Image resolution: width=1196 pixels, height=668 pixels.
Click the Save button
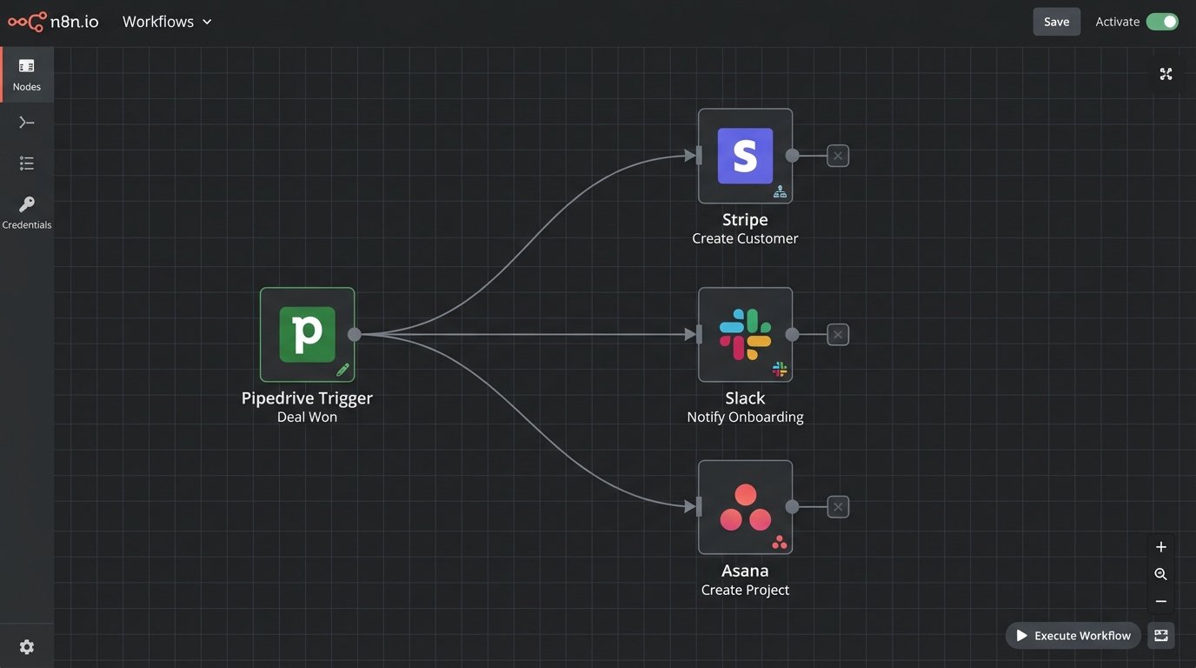click(x=1056, y=22)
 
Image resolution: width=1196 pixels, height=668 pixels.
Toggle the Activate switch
click(x=1161, y=22)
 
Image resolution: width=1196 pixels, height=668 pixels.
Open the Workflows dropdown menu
click(x=167, y=22)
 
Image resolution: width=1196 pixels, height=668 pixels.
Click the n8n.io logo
click(x=53, y=22)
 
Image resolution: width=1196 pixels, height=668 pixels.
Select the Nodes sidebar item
click(x=27, y=74)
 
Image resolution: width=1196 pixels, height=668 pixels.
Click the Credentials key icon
click(x=27, y=205)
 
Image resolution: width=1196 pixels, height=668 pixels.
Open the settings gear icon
click(x=27, y=647)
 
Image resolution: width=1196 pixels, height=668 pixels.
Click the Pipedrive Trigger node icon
click(x=307, y=334)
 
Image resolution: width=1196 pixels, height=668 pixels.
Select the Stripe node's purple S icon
click(x=745, y=156)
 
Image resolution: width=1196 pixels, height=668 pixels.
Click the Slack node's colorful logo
click(x=745, y=334)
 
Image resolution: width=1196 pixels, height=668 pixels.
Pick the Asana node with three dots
click(x=745, y=507)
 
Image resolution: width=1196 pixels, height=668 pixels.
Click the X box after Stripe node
click(x=837, y=156)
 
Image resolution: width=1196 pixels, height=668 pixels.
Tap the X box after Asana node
click(x=837, y=507)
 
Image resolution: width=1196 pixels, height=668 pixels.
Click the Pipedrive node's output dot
click(x=355, y=334)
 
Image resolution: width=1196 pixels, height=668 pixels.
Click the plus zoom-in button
click(x=1160, y=547)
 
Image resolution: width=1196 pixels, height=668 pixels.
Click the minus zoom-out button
click(x=1160, y=602)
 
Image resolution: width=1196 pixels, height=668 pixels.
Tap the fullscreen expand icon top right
click(x=1166, y=74)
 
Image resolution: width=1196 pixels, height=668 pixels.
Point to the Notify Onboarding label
click(x=745, y=417)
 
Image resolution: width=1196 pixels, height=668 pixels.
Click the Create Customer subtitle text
click(x=745, y=238)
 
